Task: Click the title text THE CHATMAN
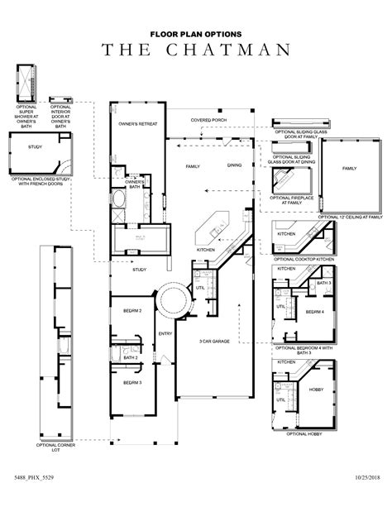coord(196,50)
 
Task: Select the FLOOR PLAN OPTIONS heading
coord(196,34)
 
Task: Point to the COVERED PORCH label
coord(208,120)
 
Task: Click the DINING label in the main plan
coord(235,166)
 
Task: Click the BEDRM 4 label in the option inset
coord(313,312)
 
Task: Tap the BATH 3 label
coord(323,284)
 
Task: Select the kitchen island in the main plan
coord(208,222)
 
